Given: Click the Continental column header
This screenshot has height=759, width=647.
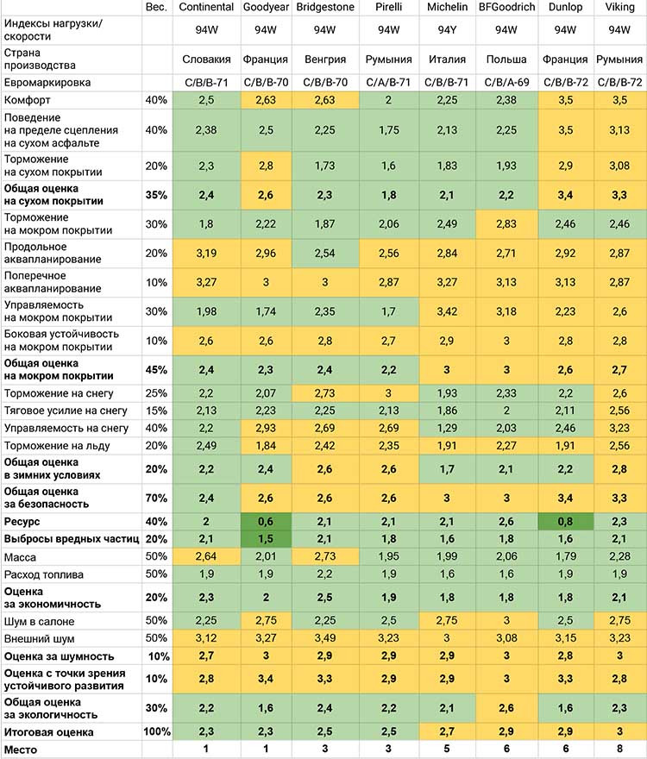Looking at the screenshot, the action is [206, 7].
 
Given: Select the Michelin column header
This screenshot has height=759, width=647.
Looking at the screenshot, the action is [447, 7].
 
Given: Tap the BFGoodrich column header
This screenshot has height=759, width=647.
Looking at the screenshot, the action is [506, 7].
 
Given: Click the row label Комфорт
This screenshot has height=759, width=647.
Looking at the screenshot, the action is [27, 100].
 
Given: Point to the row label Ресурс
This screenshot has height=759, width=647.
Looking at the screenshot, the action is [22, 522].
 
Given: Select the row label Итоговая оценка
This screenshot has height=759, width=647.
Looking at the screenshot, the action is [48, 732].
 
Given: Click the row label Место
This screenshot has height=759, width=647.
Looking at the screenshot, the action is [21, 750].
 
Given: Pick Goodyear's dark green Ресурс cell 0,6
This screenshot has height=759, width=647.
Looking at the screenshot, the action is [266, 522].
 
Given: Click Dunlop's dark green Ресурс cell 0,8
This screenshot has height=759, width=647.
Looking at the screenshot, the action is [566, 522].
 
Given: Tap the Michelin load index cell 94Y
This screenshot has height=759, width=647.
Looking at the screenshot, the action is [447, 30].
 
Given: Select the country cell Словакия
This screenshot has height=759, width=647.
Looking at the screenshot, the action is [206, 60].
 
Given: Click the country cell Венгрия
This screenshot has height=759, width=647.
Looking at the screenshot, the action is [325, 60].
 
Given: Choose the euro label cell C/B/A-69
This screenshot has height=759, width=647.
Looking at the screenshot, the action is [506, 83].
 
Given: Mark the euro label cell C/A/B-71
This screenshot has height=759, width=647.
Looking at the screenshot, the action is [388, 83].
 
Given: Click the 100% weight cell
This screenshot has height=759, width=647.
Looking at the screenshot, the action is [157, 732].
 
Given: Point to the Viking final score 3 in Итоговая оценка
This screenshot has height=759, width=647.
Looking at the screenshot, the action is [619, 732].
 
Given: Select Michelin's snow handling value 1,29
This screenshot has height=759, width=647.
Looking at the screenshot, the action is [447, 429].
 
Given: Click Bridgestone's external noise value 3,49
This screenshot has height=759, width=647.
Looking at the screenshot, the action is [325, 638].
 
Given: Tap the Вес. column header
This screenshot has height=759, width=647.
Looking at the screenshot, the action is [156, 7].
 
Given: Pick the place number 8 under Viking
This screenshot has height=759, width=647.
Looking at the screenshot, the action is [619, 750].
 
